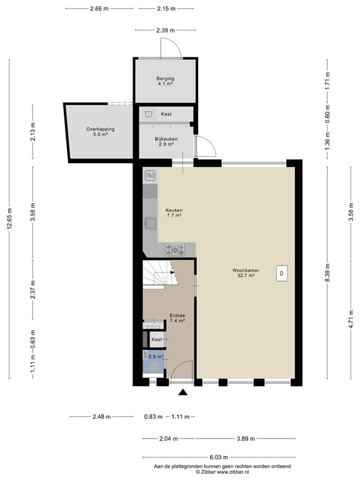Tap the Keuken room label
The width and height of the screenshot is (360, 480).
174,212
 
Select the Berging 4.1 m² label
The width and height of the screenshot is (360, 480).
165,81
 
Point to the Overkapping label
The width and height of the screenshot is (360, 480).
101,131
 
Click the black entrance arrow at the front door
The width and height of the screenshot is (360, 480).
183,392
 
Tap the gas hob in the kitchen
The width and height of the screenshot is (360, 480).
175,249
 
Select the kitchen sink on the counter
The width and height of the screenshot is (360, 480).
150,222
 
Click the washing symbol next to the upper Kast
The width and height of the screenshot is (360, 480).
148,114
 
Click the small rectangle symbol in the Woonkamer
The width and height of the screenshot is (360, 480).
282,272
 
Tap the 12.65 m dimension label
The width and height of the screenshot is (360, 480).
9,219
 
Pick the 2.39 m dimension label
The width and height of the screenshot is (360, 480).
166,30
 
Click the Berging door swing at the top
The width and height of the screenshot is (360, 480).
171,47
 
